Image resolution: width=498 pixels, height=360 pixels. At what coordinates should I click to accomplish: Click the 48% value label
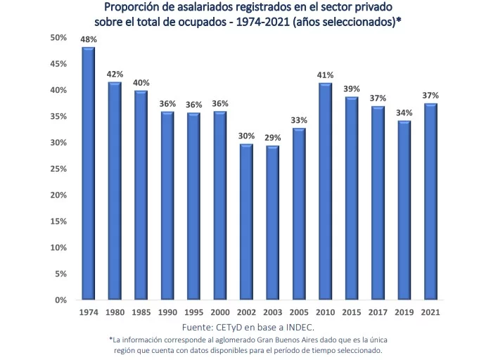[x=89, y=39]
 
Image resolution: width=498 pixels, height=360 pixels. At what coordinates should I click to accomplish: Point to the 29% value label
[x=273, y=138]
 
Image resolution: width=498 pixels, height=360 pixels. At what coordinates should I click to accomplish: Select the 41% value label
[x=326, y=75]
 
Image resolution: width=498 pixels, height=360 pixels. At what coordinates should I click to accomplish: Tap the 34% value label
[x=404, y=112]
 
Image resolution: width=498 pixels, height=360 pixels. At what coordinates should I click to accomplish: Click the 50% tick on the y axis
[x=58, y=37]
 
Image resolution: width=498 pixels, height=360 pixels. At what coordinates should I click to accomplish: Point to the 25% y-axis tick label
[x=58, y=169]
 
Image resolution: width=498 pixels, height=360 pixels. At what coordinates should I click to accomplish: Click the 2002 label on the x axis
[x=246, y=311]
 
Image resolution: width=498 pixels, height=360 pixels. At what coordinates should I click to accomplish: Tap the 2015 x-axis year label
[x=352, y=311]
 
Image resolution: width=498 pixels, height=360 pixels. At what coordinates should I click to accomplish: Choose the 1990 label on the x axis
[x=167, y=311]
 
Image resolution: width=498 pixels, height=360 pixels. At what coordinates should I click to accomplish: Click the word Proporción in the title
[x=132, y=8]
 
